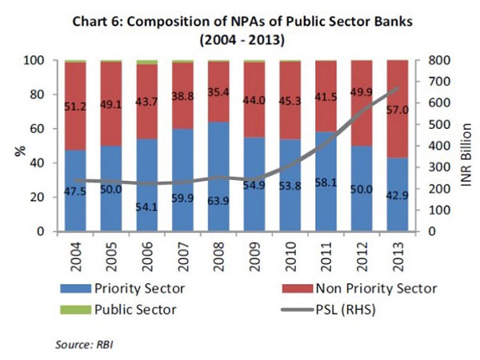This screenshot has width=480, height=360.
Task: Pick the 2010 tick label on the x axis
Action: [293, 258]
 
